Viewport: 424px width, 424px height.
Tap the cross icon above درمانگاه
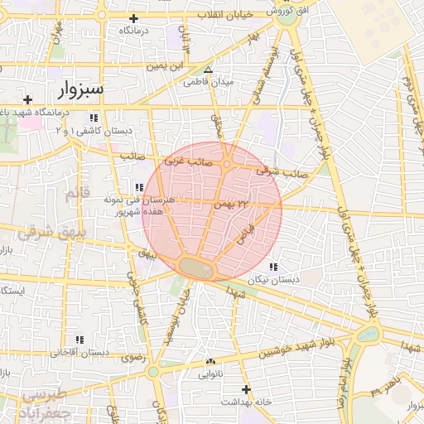click(134, 19)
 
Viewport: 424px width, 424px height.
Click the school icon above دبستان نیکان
click(272, 267)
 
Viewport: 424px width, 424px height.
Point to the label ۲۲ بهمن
click(232, 203)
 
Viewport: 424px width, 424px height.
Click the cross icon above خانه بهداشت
click(245, 389)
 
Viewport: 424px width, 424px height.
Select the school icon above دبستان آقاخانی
click(79, 340)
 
